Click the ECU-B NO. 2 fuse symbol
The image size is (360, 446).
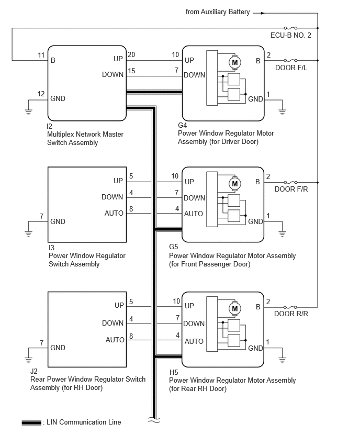pos(290,28)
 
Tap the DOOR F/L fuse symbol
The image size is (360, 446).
pos(290,60)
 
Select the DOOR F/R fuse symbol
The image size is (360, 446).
pos(290,182)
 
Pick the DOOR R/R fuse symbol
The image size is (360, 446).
pos(290,307)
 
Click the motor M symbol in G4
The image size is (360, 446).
pos(235,62)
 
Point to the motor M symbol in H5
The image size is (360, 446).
pos(235,309)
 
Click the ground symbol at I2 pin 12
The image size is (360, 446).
pos(28,111)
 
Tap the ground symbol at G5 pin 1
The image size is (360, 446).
pos(282,233)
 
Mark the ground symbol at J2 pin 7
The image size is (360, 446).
pos(28,360)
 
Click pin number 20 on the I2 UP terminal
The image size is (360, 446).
pos(131,54)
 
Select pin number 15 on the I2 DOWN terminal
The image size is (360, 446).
pos(131,71)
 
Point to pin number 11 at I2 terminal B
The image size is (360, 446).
pos(41,55)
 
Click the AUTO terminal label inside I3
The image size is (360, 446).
pos(114,214)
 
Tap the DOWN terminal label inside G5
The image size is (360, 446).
pos(195,198)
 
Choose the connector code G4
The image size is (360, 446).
pos(182,125)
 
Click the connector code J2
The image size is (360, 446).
pos(34,371)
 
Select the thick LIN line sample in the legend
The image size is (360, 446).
pos(31,423)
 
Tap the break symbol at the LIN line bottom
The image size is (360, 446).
pos(154,420)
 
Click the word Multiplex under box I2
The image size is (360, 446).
pos(61,134)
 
